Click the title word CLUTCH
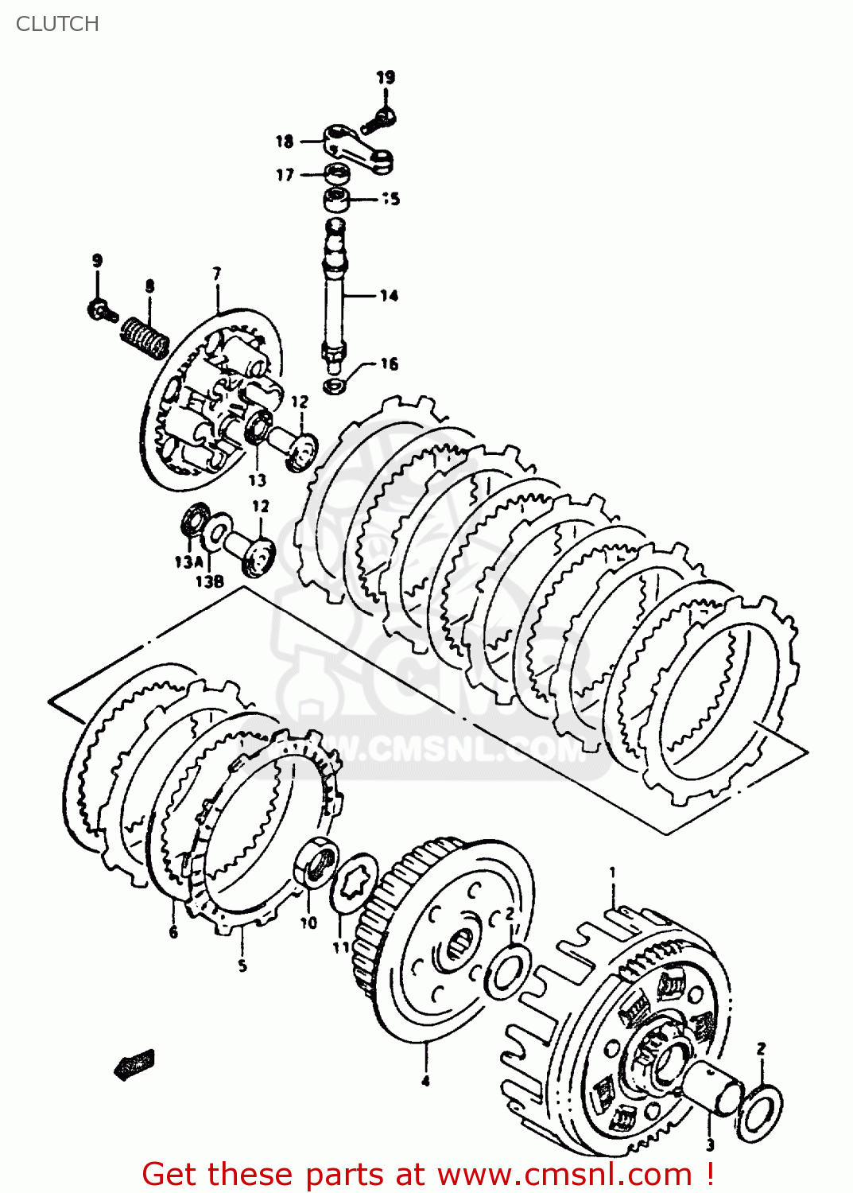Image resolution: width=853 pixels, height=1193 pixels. [x=57, y=24]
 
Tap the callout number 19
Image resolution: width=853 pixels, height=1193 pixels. [x=386, y=77]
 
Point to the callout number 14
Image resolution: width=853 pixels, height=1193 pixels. [x=389, y=296]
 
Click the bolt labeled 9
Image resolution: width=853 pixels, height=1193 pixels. [x=101, y=311]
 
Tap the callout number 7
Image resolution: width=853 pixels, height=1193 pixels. [x=217, y=274]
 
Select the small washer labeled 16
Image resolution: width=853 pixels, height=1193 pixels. [x=335, y=387]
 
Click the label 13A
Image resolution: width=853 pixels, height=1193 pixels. [x=188, y=562]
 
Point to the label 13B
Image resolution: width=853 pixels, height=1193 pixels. [x=209, y=581]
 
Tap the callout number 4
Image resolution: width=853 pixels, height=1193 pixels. [x=425, y=1080]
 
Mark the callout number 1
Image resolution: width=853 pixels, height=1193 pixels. [x=612, y=872]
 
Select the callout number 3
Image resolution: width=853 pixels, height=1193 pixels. [x=710, y=1145]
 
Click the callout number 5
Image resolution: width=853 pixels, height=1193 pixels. [x=242, y=966]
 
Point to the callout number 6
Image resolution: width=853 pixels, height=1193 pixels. [x=173, y=932]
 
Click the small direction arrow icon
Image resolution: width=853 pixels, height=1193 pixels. [x=134, y=1064]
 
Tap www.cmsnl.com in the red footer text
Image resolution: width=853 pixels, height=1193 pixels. [x=564, y=1174]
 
